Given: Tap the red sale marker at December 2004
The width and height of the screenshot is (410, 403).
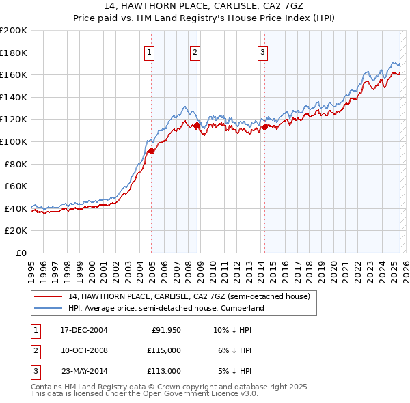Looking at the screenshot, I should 151,151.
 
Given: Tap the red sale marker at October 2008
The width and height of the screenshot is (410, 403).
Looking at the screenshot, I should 197,126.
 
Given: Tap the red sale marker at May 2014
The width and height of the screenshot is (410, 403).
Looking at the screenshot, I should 264,126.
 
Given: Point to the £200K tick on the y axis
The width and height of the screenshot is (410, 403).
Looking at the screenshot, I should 13,31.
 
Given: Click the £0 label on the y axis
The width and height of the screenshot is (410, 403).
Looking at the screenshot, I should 20,253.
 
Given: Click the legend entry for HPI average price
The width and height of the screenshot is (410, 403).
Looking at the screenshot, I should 165,309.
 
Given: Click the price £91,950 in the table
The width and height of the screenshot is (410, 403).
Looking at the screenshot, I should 166,330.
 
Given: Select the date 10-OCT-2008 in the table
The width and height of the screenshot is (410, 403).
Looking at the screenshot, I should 84,350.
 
